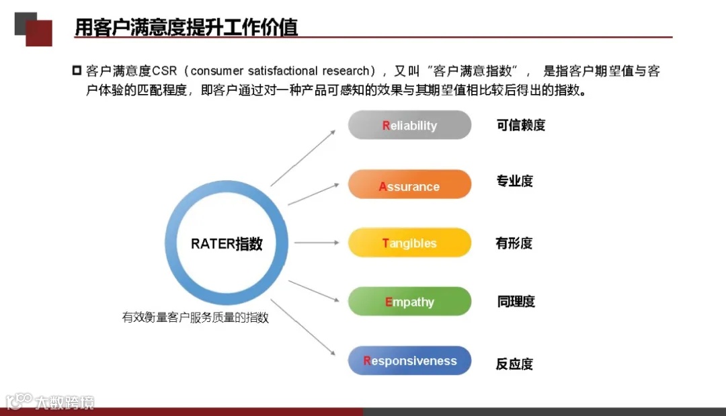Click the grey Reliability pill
[x=409, y=126]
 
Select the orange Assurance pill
[x=409, y=185]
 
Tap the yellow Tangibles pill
[x=409, y=243]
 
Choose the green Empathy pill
[x=409, y=302]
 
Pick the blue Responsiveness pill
[x=409, y=361]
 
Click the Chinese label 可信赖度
[x=520, y=125]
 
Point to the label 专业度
[x=514, y=181]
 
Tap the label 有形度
[x=514, y=243]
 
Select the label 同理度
[x=516, y=302]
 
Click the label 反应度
[x=514, y=364]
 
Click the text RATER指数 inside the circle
[x=227, y=244]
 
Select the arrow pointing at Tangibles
[x=316, y=243]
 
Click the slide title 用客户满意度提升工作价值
[x=186, y=28]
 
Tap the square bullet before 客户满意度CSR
[x=76, y=71]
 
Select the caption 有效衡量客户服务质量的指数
[x=195, y=318]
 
